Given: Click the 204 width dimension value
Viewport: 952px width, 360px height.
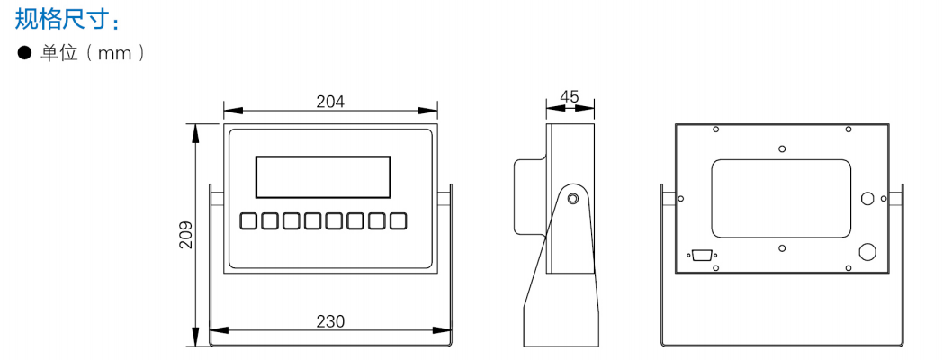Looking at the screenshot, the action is tap(330, 102).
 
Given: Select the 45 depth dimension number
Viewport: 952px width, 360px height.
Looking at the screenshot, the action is tap(570, 96).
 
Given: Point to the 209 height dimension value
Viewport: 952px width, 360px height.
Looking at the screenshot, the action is tap(185, 234).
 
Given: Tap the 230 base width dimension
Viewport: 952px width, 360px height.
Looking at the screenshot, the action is tap(330, 321).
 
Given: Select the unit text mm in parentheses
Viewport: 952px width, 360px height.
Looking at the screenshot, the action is tap(115, 54).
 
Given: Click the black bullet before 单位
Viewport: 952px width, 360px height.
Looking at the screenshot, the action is tap(24, 54).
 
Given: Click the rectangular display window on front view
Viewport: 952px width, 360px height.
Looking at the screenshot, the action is tap(323, 176).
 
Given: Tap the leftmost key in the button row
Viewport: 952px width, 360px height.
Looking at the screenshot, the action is tap(247, 221).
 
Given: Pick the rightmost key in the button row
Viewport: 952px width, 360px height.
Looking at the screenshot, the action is tap(398, 221).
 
